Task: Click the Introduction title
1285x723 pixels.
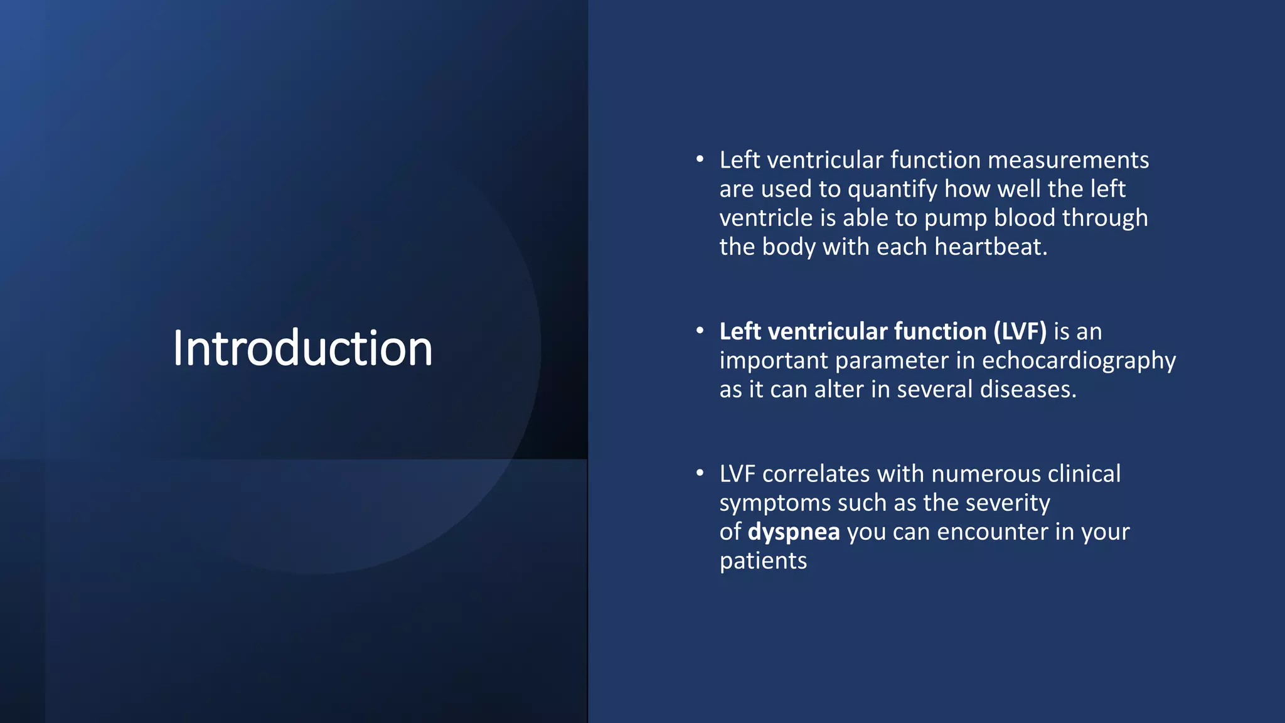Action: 302,348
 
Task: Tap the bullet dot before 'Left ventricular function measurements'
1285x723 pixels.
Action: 700,159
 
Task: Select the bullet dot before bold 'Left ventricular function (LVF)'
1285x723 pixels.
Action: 700,331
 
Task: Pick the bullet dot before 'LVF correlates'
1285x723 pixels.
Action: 700,473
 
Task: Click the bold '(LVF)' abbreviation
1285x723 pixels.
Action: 1020,331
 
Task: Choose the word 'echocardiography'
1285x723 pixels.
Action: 1079,361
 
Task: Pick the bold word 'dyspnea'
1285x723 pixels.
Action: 794,532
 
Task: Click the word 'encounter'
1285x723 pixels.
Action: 993,532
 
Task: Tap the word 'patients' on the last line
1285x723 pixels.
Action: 763,561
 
